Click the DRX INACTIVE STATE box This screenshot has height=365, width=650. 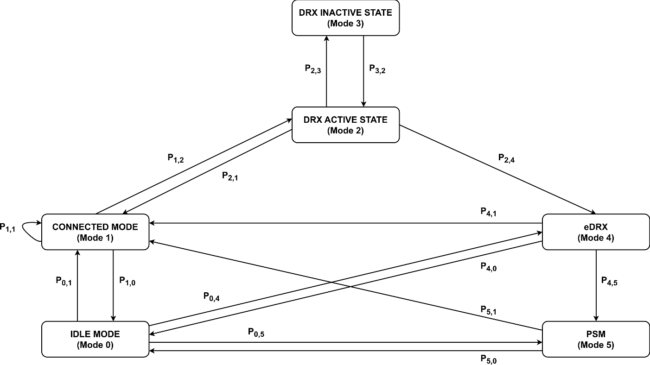[x=345, y=18]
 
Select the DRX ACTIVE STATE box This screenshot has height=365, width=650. [x=345, y=125]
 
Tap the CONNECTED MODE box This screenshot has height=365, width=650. [x=95, y=232]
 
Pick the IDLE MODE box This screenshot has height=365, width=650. [x=95, y=340]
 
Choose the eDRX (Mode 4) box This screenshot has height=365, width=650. [x=596, y=232]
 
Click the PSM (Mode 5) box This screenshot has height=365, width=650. [x=596, y=340]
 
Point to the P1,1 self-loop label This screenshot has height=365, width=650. [x=8, y=228]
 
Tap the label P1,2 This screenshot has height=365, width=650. [x=176, y=158]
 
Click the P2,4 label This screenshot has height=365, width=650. [x=506, y=158]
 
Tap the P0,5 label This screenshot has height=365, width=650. [x=256, y=332]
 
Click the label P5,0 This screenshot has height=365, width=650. [x=488, y=359]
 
